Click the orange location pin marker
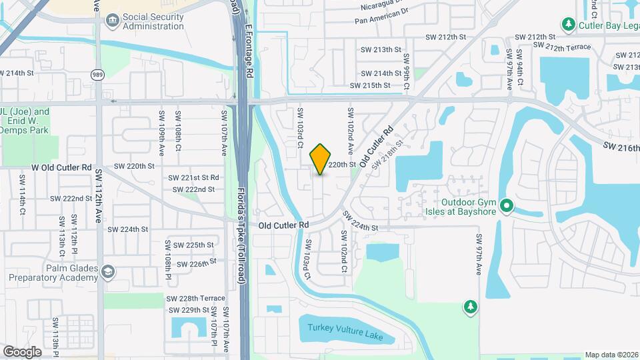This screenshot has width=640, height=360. [321, 159]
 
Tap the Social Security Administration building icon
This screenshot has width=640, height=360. [112, 21]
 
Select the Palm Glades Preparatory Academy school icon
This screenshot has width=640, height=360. [108, 271]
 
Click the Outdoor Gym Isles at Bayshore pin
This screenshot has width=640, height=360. [506, 206]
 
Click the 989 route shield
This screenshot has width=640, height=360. [99, 75]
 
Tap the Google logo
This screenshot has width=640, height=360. [22, 351]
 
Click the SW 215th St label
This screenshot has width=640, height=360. [370, 85]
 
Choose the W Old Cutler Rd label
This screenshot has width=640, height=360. [61, 167]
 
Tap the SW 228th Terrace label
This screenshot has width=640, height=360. [196, 298]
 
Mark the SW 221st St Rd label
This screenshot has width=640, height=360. [193, 178]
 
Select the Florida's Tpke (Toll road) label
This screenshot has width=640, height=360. [242, 235]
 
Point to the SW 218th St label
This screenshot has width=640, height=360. [388, 153]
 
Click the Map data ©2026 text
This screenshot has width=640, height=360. [611, 355]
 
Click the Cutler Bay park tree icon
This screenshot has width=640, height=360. [568, 25]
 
